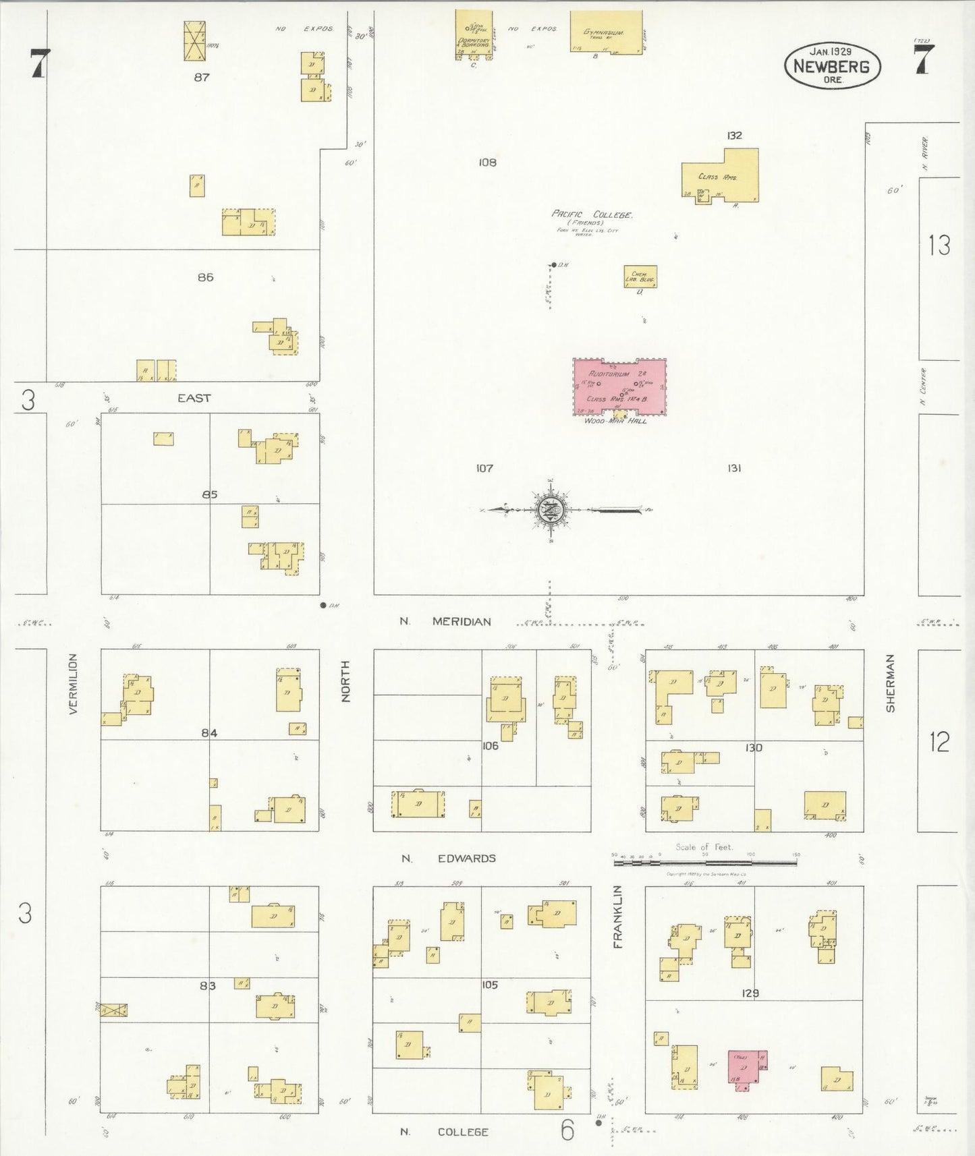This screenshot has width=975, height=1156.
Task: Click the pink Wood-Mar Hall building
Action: point(619,387)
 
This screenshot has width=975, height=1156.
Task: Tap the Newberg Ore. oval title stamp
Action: point(832,65)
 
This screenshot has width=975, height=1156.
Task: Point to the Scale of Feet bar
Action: point(705,861)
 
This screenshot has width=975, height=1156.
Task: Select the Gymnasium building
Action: point(605,32)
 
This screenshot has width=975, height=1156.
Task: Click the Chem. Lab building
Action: point(640,277)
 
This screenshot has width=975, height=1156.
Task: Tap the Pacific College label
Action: point(592,214)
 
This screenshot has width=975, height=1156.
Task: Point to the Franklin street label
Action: point(617,917)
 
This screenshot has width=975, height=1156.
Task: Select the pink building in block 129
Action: point(747,1066)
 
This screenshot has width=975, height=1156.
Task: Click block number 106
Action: point(490,745)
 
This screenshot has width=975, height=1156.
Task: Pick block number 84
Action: point(209,732)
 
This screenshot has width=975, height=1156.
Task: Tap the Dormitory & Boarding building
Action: point(473,34)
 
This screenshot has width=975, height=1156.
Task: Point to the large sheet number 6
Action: point(567,1130)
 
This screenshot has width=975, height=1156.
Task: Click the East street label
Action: point(194,398)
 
